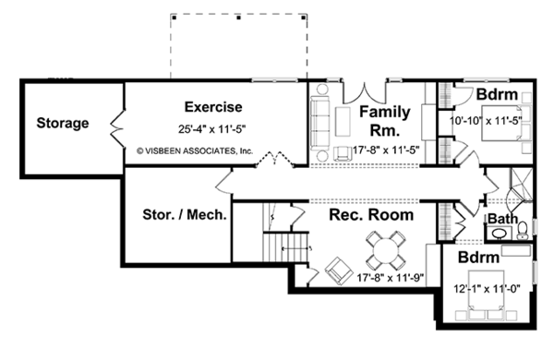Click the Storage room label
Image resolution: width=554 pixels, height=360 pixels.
(x=63, y=124)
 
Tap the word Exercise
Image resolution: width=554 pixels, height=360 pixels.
(x=213, y=107)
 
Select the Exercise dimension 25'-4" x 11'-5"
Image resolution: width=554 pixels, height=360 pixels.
(x=211, y=129)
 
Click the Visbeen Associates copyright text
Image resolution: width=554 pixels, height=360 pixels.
(x=195, y=151)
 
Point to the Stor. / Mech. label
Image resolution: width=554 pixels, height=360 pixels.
(x=185, y=214)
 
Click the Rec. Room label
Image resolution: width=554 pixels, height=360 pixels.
(x=371, y=215)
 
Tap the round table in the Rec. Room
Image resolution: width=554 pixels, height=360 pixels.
(x=385, y=250)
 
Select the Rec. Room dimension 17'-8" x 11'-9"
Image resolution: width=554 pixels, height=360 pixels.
(x=390, y=278)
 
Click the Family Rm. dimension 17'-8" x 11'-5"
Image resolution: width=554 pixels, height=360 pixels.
(x=386, y=150)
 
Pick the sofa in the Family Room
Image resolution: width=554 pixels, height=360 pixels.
(x=319, y=124)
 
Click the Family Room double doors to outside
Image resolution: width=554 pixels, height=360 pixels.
(x=365, y=92)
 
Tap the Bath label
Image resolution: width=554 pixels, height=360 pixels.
(x=503, y=219)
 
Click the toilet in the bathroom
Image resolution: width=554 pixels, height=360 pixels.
(x=523, y=231)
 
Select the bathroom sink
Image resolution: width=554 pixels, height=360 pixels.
(x=500, y=234)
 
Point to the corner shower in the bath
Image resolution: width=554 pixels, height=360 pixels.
(x=520, y=186)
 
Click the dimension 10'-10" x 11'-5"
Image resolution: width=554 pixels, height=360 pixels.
(x=486, y=121)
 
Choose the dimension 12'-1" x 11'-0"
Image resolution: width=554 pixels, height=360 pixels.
(x=488, y=289)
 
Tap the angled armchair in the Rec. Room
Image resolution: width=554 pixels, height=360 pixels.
(x=339, y=271)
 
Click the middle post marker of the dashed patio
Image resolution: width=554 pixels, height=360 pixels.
(x=239, y=18)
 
